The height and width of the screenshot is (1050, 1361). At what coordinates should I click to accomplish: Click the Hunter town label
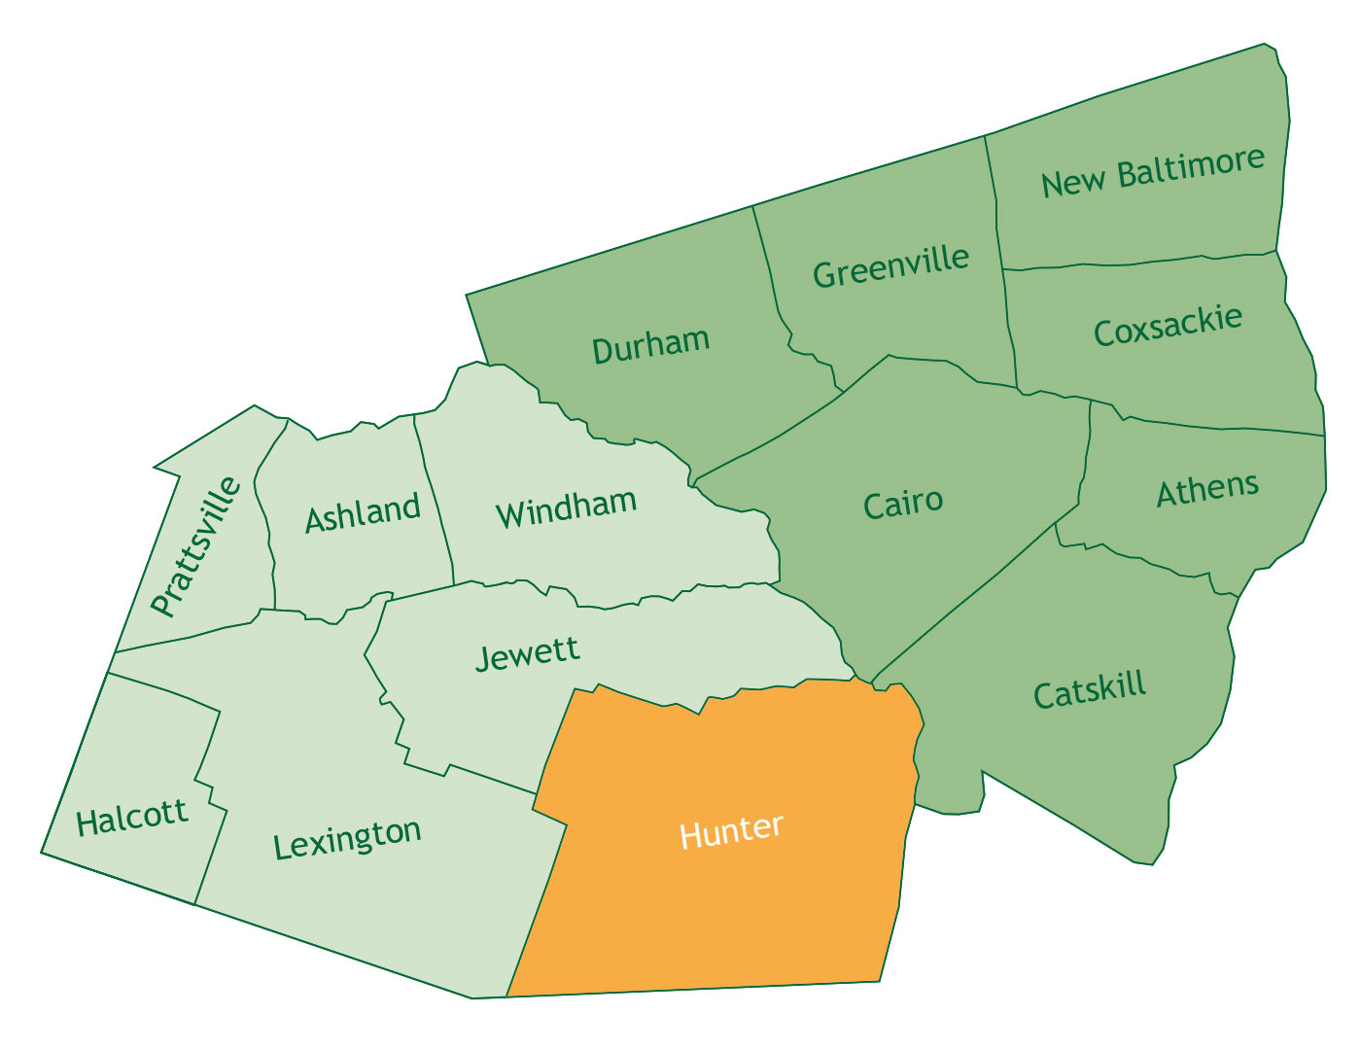coord(731,832)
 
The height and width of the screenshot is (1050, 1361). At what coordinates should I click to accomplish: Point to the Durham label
coord(650,345)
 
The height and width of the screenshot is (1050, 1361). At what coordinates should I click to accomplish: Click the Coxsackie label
coord(1168,326)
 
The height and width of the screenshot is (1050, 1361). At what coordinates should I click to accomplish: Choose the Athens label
coord(1207,489)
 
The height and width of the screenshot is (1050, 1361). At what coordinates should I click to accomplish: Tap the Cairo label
coord(903,504)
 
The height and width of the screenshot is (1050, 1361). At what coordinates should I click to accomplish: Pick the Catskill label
coord(1090,691)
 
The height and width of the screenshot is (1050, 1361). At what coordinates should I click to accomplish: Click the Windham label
coord(566,508)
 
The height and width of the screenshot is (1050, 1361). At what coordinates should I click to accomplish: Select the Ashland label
coord(363,512)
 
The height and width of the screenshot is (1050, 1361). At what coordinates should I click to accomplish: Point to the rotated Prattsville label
coord(195,546)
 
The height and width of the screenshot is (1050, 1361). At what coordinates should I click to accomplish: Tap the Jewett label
coord(527,652)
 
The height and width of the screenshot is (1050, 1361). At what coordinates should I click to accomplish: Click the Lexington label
coord(347,838)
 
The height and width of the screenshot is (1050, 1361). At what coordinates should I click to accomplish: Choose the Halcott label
coord(132,817)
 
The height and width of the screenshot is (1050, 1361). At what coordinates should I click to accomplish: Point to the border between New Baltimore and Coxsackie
coord(1137,262)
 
